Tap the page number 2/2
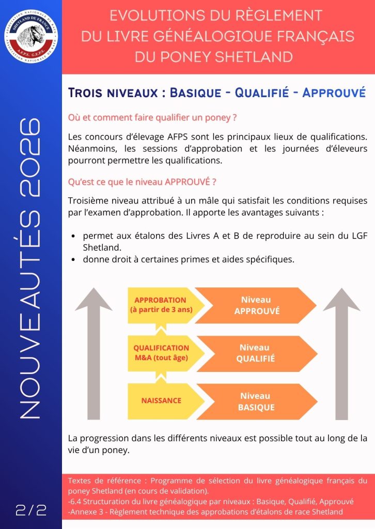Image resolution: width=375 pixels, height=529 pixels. click(x=31, y=510)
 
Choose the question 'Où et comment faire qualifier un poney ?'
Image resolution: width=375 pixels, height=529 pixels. click(x=152, y=118)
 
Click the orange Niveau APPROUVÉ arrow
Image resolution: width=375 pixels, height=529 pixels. click(x=256, y=305)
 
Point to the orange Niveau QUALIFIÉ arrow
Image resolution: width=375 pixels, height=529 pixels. click(x=256, y=353)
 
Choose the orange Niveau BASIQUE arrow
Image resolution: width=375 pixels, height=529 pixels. click(x=256, y=401)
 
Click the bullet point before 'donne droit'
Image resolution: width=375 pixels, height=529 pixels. click(x=75, y=260)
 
